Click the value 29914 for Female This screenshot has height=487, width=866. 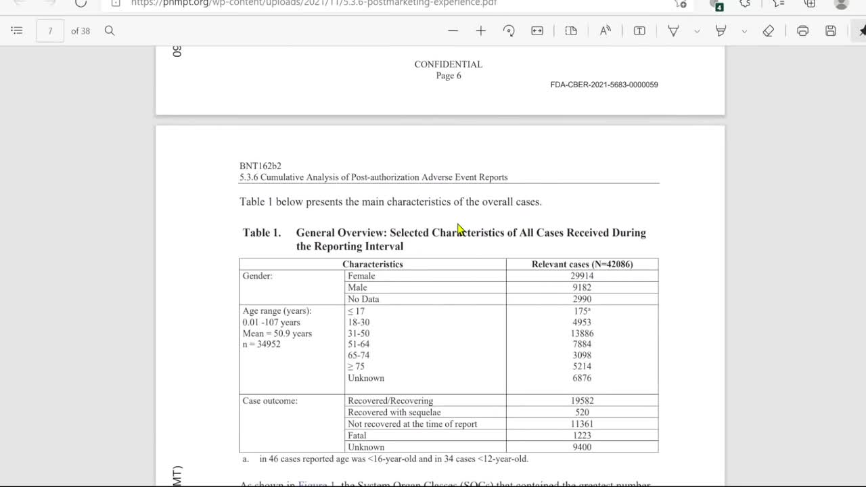[x=582, y=276]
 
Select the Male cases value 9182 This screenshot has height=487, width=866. [x=582, y=287]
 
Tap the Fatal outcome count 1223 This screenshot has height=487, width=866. [x=582, y=436]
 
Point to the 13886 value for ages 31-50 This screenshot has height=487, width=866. [x=582, y=333]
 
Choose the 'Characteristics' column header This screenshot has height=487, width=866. [x=372, y=264]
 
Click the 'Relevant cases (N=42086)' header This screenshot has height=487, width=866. [x=582, y=264]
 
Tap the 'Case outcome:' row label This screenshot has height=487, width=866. [x=270, y=401]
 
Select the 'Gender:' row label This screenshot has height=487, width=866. [x=258, y=276]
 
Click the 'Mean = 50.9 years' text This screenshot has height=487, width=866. [x=277, y=333]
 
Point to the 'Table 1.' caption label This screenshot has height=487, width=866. [x=262, y=233]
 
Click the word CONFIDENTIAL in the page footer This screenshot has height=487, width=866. [x=448, y=64]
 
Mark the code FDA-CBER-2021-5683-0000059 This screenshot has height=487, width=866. [x=604, y=85]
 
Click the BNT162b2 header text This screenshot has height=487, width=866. [x=260, y=166]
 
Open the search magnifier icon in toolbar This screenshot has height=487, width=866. [x=110, y=31]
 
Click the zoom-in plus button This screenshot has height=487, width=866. [x=481, y=31]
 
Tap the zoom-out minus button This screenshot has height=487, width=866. [x=453, y=31]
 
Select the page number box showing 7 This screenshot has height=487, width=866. [x=50, y=31]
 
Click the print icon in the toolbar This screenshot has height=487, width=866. [x=803, y=31]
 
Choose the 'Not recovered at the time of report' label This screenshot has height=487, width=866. [x=412, y=424]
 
